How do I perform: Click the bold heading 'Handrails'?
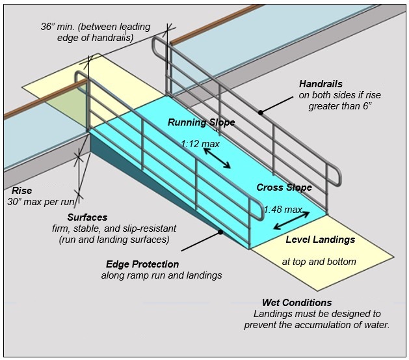(x=321, y=84)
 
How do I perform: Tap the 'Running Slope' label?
(x=202, y=122)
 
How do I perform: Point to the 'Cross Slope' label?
(x=284, y=187)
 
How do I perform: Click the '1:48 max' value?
(x=283, y=210)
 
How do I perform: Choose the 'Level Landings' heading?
(x=321, y=240)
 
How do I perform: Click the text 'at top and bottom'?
(x=319, y=262)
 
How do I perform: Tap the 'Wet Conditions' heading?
(x=297, y=303)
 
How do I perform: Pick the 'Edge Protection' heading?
(x=142, y=264)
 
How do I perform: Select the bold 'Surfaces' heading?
(x=87, y=217)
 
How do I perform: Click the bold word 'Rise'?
(x=22, y=191)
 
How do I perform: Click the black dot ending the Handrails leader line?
(x=260, y=112)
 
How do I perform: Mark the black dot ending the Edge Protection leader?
(x=220, y=231)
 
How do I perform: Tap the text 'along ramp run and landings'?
(x=161, y=275)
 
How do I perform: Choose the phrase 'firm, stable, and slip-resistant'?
(x=114, y=228)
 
